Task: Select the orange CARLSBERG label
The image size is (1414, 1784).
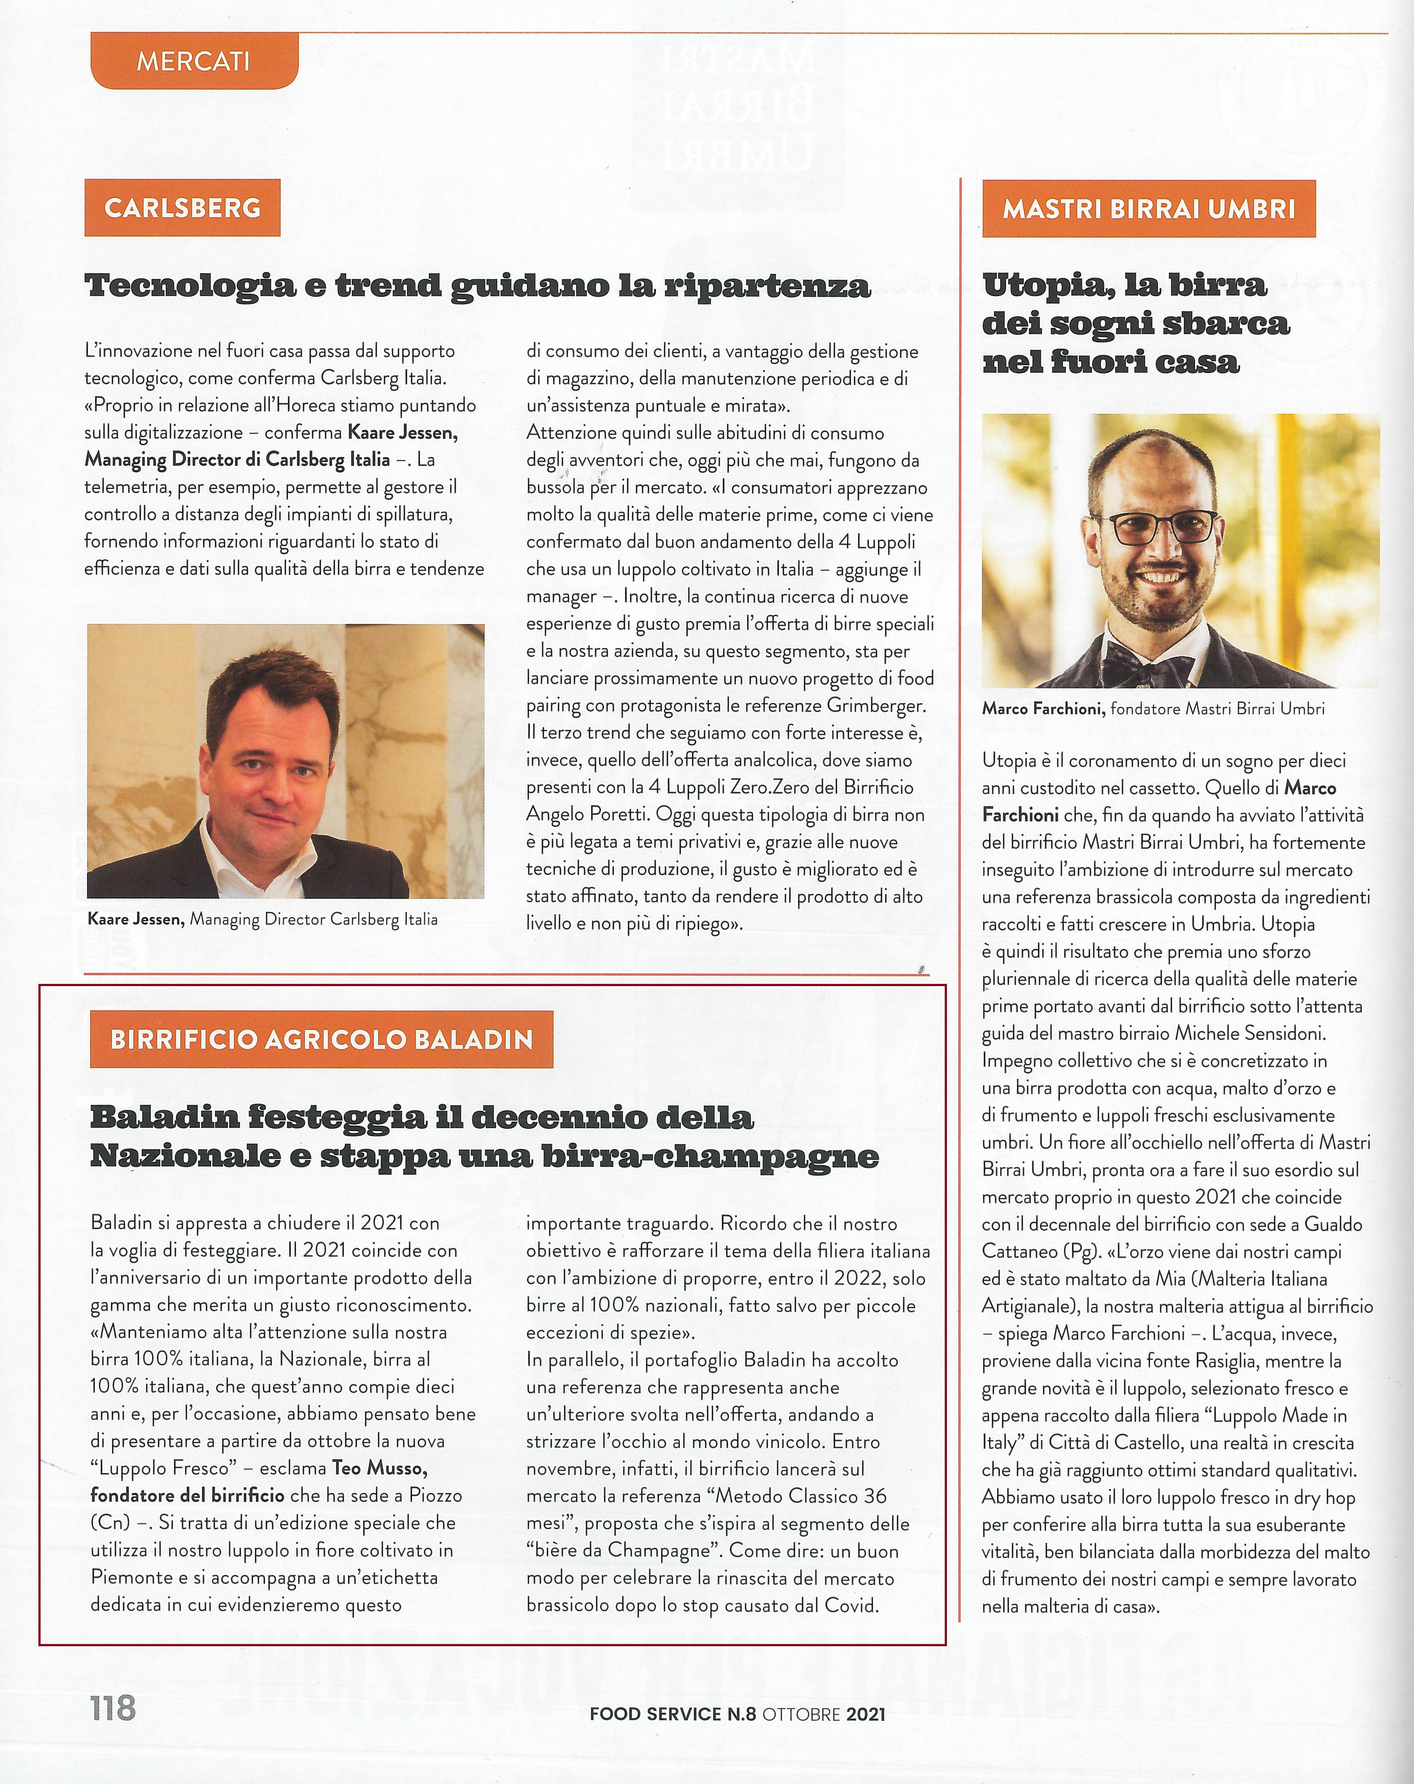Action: (182, 208)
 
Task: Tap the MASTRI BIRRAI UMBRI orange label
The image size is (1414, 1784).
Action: (1148, 209)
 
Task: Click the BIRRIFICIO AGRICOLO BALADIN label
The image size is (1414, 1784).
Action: (321, 1039)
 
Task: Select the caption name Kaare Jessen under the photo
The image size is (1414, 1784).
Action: (136, 919)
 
